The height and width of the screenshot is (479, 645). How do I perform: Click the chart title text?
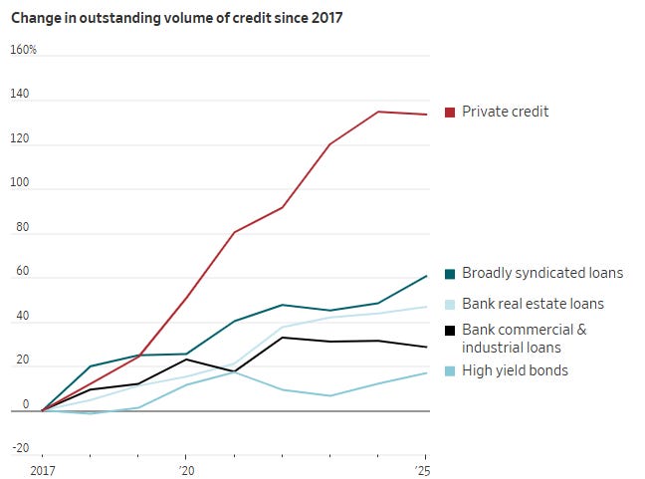point(176,18)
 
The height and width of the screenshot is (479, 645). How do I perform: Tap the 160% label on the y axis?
point(24,50)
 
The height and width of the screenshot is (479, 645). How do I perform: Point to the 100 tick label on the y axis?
point(20,182)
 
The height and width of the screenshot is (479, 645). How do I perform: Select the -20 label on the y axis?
point(21,448)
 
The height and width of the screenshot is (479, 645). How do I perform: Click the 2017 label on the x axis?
point(43,470)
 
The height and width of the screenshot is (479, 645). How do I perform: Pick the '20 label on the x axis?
point(186,470)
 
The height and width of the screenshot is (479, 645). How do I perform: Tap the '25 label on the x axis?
point(422,470)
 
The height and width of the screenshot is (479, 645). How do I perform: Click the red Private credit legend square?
point(450,113)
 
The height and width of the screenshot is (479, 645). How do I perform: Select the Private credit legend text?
point(505,112)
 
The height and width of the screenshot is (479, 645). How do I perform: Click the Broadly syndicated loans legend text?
point(542,273)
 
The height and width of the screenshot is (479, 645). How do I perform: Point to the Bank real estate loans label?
point(533,304)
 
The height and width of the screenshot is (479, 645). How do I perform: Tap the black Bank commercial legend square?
point(450,331)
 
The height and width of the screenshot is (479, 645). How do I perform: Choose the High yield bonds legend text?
point(515,370)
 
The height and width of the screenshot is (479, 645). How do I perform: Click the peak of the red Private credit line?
point(378,112)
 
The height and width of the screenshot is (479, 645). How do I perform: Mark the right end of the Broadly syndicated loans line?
point(427,276)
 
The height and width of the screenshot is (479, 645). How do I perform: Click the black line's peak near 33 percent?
point(283,338)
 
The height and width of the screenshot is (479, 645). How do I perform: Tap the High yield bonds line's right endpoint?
point(427,372)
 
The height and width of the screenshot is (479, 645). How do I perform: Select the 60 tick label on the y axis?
point(23,271)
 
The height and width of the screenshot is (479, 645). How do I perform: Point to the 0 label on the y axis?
point(26,404)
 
